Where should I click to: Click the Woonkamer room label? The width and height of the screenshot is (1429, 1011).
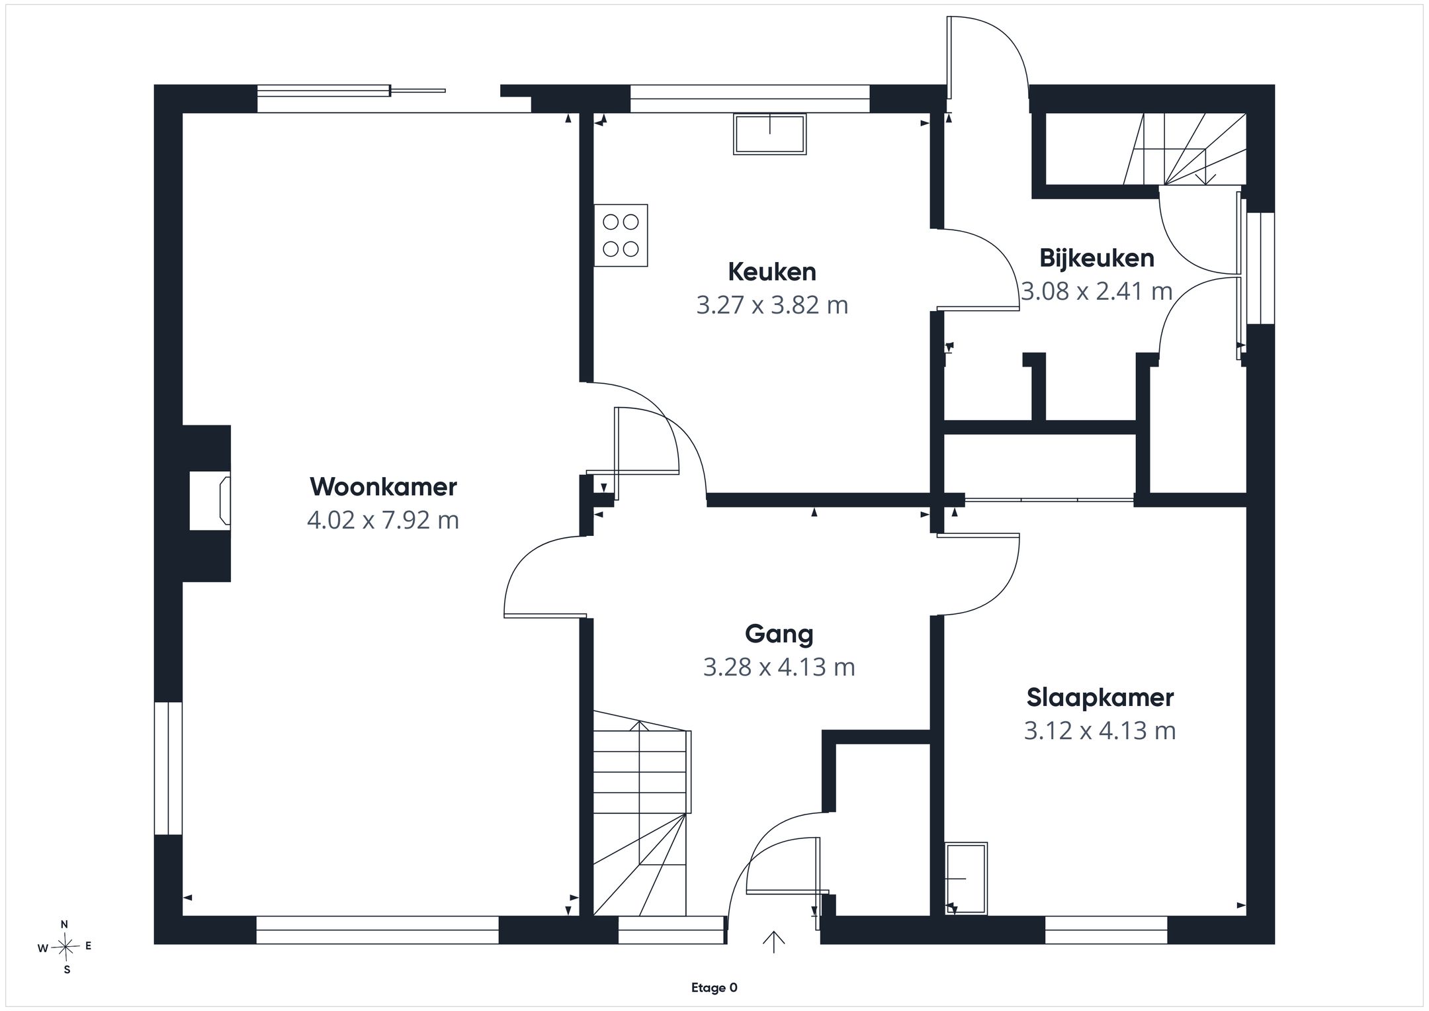(x=383, y=487)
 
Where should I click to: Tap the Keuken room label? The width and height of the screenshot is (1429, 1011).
(x=772, y=272)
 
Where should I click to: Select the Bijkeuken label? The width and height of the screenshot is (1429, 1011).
(x=1097, y=258)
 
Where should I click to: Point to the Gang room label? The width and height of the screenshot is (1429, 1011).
(x=779, y=635)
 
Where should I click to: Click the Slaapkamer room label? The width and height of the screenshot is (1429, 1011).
(x=1100, y=697)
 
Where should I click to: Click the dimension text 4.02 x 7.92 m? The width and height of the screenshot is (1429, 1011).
(x=383, y=520)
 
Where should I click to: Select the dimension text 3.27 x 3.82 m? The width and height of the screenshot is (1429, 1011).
(x=772, y=305)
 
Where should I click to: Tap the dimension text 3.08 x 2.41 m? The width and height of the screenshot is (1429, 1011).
(x=1097, y=291)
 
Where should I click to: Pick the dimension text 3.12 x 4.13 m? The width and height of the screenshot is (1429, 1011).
(x=1100, y=730)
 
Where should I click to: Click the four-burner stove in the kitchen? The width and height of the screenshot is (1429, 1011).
(x=621, y=236)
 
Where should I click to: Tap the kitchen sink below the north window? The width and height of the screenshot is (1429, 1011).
(x=769, y=134)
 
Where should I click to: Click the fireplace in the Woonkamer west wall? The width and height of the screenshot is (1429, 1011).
(x=210, y=501)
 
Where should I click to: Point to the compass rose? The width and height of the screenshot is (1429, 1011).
(x=65, y=947)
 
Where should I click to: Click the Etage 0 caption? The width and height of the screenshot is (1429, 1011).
(x=714, y=988)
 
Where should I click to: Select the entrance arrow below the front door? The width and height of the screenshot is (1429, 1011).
(x=773, y=942)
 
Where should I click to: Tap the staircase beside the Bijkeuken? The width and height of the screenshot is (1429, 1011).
(x=1184, y=149)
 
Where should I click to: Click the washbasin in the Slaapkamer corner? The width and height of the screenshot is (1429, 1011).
(x=966, y=879)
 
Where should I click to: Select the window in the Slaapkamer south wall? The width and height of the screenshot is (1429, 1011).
(x=1106, y=930)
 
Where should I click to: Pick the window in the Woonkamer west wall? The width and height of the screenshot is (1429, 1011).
(x=168, y=768)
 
